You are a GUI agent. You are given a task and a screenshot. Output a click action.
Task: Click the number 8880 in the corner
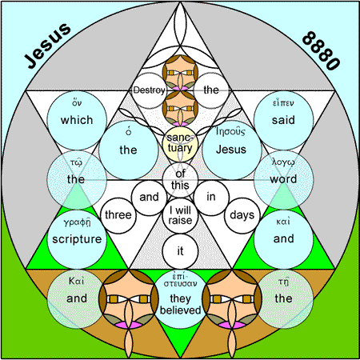coord(321,50)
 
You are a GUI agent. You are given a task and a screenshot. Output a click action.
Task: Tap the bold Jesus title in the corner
coord(47,45)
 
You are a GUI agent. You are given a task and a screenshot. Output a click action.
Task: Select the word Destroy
coord(149,90)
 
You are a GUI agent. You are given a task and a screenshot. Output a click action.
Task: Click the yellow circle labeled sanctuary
coord(180,144)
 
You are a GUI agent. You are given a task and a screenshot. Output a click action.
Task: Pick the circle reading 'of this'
coord(180,180)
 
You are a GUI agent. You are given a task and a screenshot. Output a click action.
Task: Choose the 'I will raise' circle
coord(180,215)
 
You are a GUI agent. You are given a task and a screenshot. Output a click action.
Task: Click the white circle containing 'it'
coord(180,251)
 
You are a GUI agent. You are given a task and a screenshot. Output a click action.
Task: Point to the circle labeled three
coord(118,215)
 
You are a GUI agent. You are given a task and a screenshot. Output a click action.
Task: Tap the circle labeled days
coord(242,215)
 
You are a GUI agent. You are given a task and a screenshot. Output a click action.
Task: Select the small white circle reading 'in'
coord(211,198)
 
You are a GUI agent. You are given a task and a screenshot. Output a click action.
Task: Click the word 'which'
coord(77,120)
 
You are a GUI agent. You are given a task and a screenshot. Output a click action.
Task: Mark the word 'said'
coord(283,120)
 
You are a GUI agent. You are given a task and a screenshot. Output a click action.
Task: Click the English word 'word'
coord(283,179)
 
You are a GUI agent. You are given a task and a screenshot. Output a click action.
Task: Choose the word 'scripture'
coord(77,239)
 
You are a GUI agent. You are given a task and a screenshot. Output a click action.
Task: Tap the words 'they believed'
coord(180,305)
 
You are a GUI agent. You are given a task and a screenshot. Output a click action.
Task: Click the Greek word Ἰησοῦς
coord(230,131)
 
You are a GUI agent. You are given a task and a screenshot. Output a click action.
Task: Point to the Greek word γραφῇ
coord(77,222)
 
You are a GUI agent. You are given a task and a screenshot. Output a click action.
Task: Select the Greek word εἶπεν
coord(283,103)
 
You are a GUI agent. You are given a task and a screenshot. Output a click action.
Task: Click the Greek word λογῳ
coord(283,162)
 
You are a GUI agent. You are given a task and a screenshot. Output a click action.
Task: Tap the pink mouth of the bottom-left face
coord(129,325)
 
